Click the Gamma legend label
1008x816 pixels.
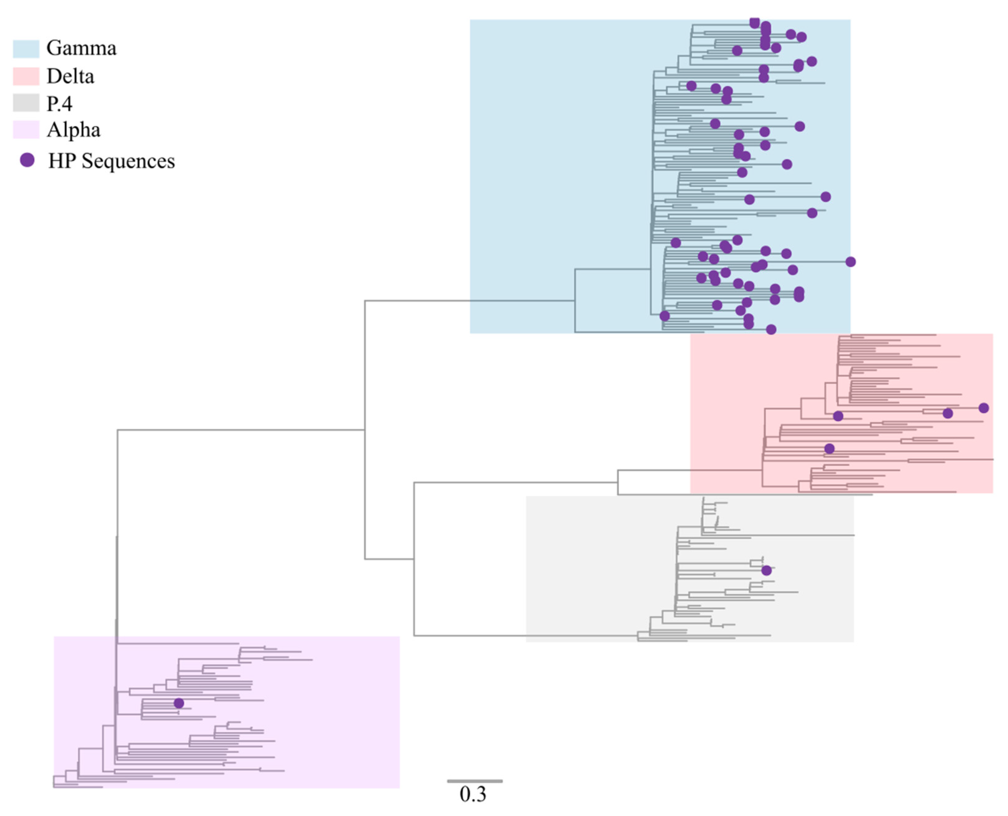click(x=81, y=48)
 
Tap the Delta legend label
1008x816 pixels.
click(x=71, y=76)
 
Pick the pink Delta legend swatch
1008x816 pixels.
click(x=26, y=76)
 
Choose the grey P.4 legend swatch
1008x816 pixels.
click(x=26, y=103)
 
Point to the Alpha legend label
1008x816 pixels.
click(x=73, y=130)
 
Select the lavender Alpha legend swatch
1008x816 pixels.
click(x=26, y=130)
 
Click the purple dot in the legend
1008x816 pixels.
click(x=27, y=160)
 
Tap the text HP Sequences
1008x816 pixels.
click(x=111, y=161)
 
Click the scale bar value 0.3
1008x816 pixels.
click(x=473, y=794)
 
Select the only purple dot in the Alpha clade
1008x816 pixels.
click(x=179, y=703)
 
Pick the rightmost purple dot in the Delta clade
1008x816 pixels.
click(x=984, y=408)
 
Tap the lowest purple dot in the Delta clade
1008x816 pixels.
click(x=829, y=448)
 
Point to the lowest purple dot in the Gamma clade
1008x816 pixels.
click(x=771, y=329)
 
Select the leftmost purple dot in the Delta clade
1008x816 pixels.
click(x=829, y=448)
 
